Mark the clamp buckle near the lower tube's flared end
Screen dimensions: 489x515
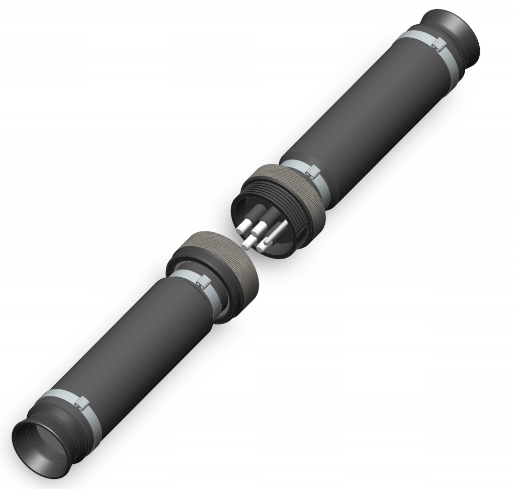[x=81, y=402]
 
